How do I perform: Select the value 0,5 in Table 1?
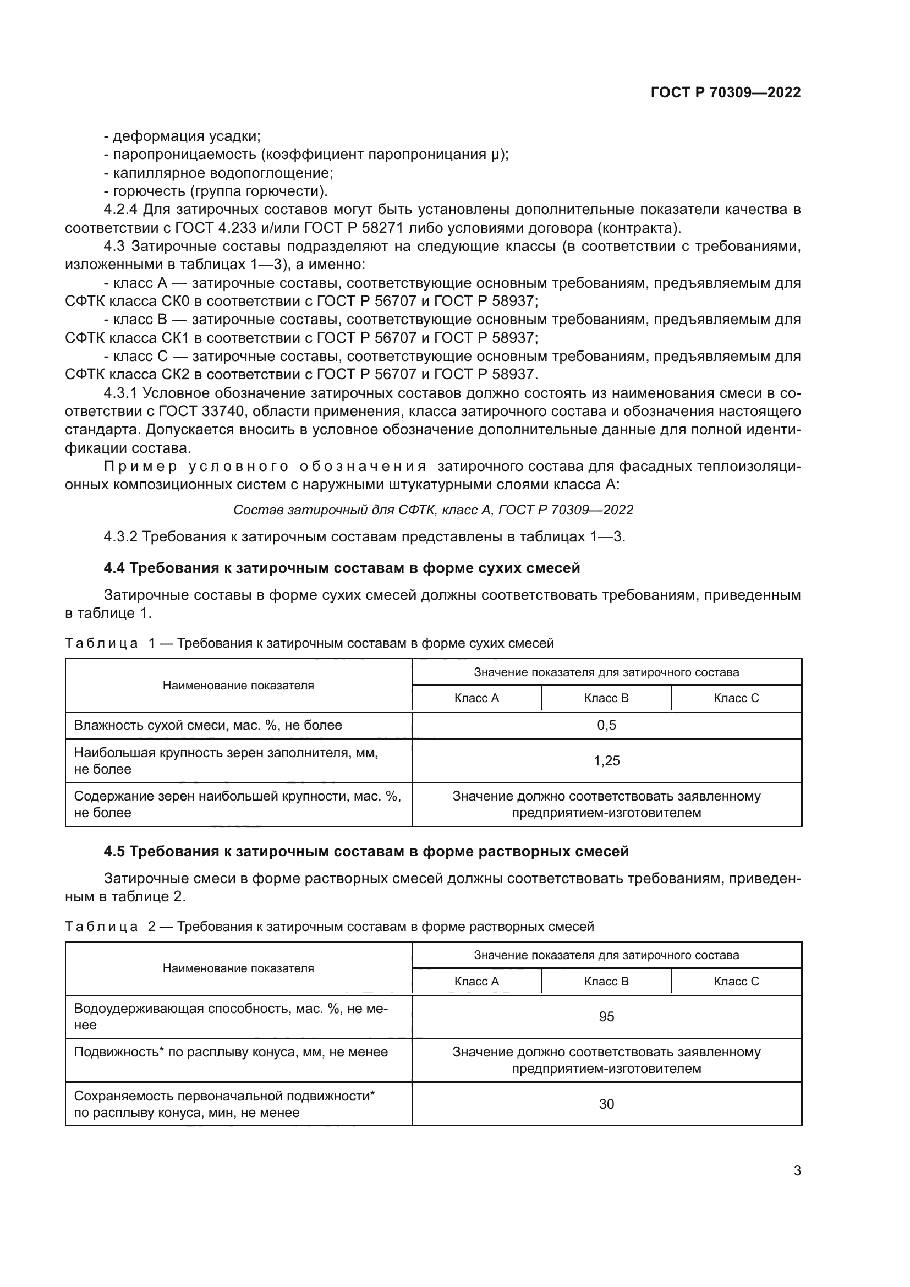click(606, 725)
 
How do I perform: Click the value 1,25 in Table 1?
click(606, 760)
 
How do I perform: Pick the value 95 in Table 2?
click(606, 1016)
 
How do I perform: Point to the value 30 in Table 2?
click(606, 1104)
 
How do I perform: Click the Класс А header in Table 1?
click(476, 698)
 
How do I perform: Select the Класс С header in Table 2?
click(736, 981)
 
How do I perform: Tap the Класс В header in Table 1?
click(606, 698)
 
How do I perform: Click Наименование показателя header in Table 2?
click(238, 968)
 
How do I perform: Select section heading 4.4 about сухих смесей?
click(341, 568)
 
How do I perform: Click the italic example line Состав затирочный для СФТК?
click(432, 510)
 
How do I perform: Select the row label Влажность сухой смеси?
click(207, 725)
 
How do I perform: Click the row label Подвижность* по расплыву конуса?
click(231, 1051)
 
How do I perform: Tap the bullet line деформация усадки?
click(182, 136)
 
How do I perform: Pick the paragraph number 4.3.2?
click(120, 536)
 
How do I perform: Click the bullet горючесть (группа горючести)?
click(216, 191)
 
